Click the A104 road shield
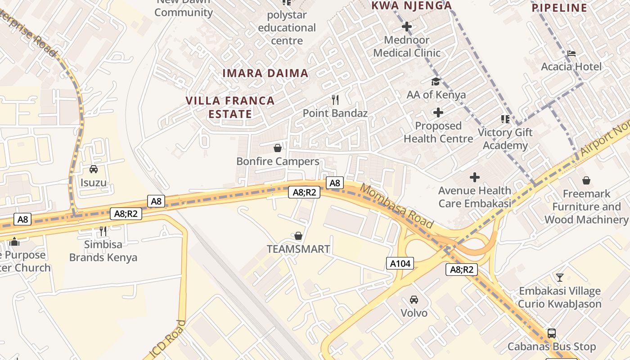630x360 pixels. (x=400, y=263)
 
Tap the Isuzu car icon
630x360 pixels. (x=94, y=169)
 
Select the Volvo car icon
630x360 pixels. (x=414, y=299)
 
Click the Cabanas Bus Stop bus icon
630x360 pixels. (x=551, y=333)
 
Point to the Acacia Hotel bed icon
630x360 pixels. (x=571, y=53)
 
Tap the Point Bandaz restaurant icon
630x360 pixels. (x=335, y=99)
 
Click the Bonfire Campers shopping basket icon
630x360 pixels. (x=278, y=148)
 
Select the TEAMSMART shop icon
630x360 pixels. (x=298, y=236)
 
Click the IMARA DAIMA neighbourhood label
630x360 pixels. (x=265, y=73)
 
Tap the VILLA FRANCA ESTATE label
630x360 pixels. (x=230, y=107)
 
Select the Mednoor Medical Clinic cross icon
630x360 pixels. (x=407, y=27)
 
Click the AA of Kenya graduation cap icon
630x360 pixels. (x=436, y=81)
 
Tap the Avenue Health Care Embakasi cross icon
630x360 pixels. (x=474, y=177)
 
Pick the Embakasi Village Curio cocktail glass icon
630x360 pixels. (x=559, y=277)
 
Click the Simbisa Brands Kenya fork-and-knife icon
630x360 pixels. (x=103, y=231)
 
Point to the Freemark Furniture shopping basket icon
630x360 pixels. (x=586, y=180)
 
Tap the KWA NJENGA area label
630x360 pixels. (x=411, y=6)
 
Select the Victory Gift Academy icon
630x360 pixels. (x=505, y=119)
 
